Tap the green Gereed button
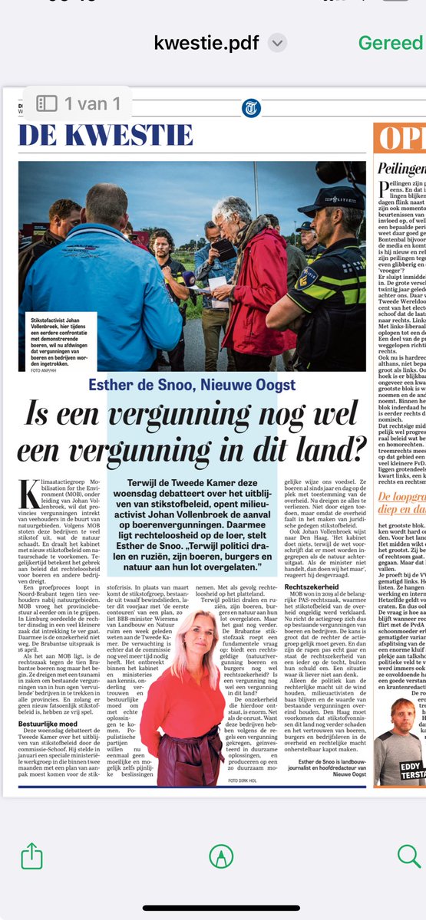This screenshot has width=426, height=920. click(390, 43)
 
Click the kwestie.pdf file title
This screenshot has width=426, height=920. click(206, 43)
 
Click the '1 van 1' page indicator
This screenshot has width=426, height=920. click(78, 102)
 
